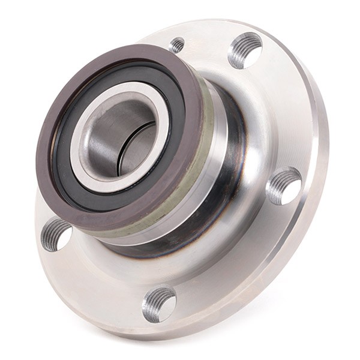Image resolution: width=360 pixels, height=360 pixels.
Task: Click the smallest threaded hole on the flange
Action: (177, 44)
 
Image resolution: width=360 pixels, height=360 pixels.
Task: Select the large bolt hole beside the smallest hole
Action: (245, 50)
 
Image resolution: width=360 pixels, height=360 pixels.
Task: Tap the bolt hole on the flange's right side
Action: (283, 185)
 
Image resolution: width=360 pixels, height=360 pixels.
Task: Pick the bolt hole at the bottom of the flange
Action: (159, 304)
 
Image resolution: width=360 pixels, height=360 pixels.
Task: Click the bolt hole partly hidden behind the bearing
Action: (55, 234)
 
